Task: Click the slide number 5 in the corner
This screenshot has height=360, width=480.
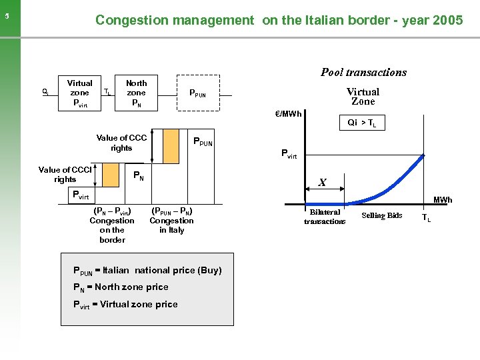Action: [x=6, y=18]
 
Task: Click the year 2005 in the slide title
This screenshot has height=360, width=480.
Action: [x=448, y=20]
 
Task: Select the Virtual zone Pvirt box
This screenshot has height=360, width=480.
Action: [x=79, y=93]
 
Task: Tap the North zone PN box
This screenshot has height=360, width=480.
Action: [x=136, y=93]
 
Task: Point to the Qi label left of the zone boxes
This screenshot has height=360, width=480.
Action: [x=45, y=92]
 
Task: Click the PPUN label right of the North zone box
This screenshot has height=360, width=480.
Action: [x=197, y=93]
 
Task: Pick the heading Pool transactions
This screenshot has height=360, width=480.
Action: [x=363, y=72]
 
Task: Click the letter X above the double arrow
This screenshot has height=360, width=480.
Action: [x=322, y=182]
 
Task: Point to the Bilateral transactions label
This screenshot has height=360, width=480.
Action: [x=325, y=217]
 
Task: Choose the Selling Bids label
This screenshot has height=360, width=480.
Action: [x=382, y=215]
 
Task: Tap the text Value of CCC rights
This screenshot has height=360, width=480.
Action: [x=121, y=143]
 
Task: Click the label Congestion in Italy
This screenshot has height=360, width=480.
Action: [x=171, y=221]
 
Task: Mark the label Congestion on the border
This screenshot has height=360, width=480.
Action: [x=112, y=225]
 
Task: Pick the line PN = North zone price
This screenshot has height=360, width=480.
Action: [x=121, y=287]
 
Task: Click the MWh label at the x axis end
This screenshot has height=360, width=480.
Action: [x=443, y=200]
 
